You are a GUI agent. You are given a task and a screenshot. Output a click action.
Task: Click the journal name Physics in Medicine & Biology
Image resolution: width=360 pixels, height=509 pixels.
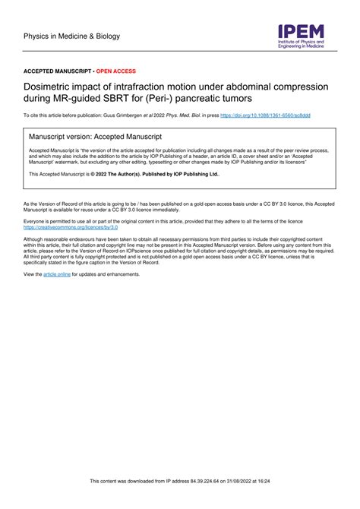pos(71,36)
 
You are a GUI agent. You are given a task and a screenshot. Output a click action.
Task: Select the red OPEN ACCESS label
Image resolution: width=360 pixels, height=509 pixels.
pos(116,71)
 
